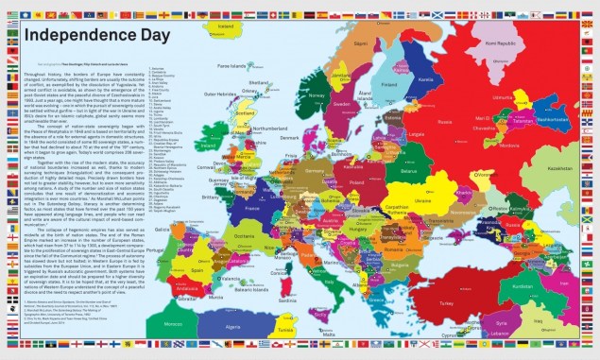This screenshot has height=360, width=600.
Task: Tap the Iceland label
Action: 225,26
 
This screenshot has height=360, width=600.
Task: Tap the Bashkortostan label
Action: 552,120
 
